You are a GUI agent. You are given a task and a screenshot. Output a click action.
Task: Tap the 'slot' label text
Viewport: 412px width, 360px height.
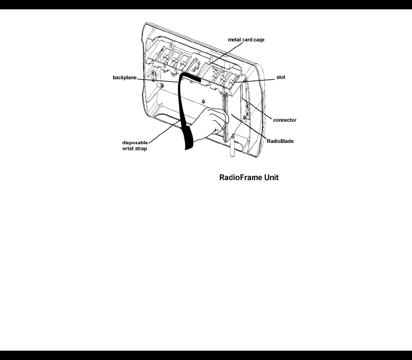click(x=281, y=76)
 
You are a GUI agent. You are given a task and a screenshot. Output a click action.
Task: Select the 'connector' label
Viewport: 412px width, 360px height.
click(x=284, y=120)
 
